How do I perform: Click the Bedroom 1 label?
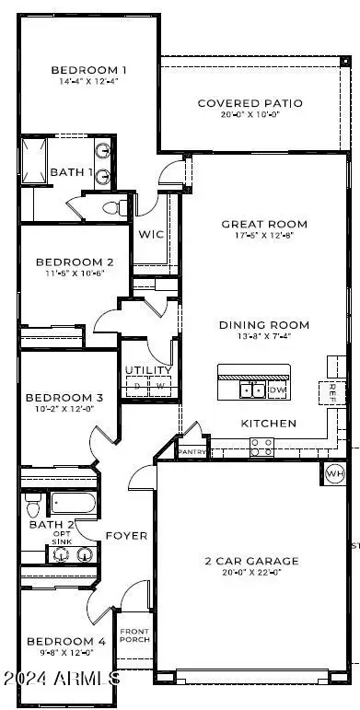tap(88, 70)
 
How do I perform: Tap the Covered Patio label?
tap(239, 102)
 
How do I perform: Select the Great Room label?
tap(264, 224)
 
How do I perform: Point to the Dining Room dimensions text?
tap(263, 338)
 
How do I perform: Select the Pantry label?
tap(192, 452)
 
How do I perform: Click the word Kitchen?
tap(269, 424)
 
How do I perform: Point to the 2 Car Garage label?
tap(251, 560)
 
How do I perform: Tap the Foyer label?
tap(125, 535)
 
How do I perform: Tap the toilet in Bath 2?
tap(33, 506)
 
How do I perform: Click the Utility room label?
tap(147, 371)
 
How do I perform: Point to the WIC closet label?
tap(152, 235)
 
